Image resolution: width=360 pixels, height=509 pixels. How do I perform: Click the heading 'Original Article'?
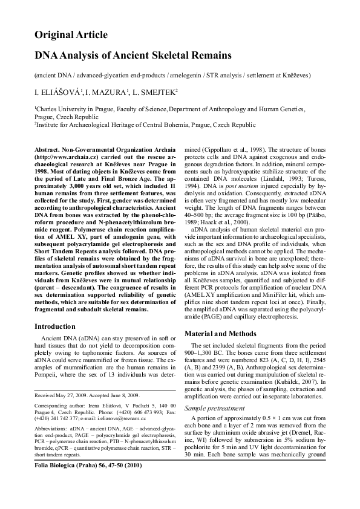(x=71, y=35)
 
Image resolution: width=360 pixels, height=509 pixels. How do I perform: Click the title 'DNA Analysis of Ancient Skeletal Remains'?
(x=133, y=56)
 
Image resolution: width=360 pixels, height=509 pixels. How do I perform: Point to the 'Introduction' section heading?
(x=59, y=343)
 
